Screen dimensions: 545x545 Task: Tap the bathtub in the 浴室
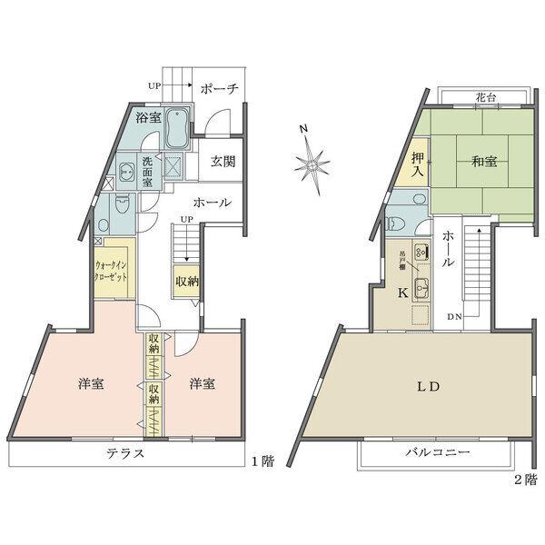(x=177, y=127)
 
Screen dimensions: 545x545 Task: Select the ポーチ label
(x=220, y=88)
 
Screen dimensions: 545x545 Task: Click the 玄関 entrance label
(x=223, y=162)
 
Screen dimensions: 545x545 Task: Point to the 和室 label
(x=484, y=162)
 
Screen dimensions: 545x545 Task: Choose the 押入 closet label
(x=418, y=164)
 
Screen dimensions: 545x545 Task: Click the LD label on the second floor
(x=429, y=387)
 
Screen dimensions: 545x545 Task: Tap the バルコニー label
(x=438, y=452)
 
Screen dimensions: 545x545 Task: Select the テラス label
(x=125, y=453)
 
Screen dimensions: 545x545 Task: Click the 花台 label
(x=486, y=98)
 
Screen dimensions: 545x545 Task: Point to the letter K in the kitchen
(x=402, y=293)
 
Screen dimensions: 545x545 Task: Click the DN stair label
(x=454, y=317)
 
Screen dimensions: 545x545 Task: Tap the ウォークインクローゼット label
(x=111, y=272)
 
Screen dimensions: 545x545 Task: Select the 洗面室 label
(x=147, y=172)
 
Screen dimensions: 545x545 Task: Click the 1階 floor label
(x=263, y=461)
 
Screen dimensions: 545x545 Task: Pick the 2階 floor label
(x=526, y=480)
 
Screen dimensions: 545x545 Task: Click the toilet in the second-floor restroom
(x=396, y=223)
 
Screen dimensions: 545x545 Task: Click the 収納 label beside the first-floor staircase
(x=186, y=282)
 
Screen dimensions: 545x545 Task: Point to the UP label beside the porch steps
(x=154, y=86)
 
